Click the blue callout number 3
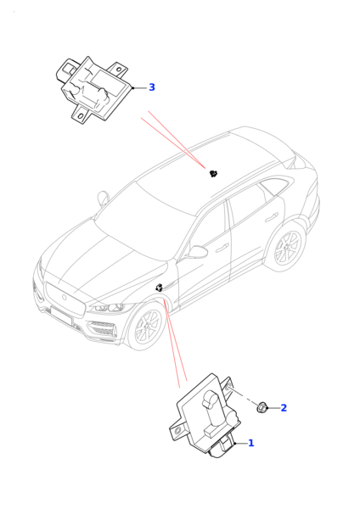tap(152, 87)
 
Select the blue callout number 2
tap(284, 408)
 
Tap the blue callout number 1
tap(251, 443)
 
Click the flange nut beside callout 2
tap(262, 407)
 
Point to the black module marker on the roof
tap(213, 174)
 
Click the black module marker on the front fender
tap(160, 288)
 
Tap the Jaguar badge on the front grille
tap(64, 297)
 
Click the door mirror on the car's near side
tap(198, 252)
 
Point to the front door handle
tap(223, 247)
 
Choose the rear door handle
tap(272, 218)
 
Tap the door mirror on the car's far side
tap(104, 197)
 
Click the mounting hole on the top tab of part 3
tap(119, 70)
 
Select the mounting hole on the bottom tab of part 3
tap(81, 116)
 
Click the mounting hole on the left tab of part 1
tap(177, 431)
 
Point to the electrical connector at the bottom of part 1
tap(222, 448)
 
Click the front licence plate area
tap(61, 316)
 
